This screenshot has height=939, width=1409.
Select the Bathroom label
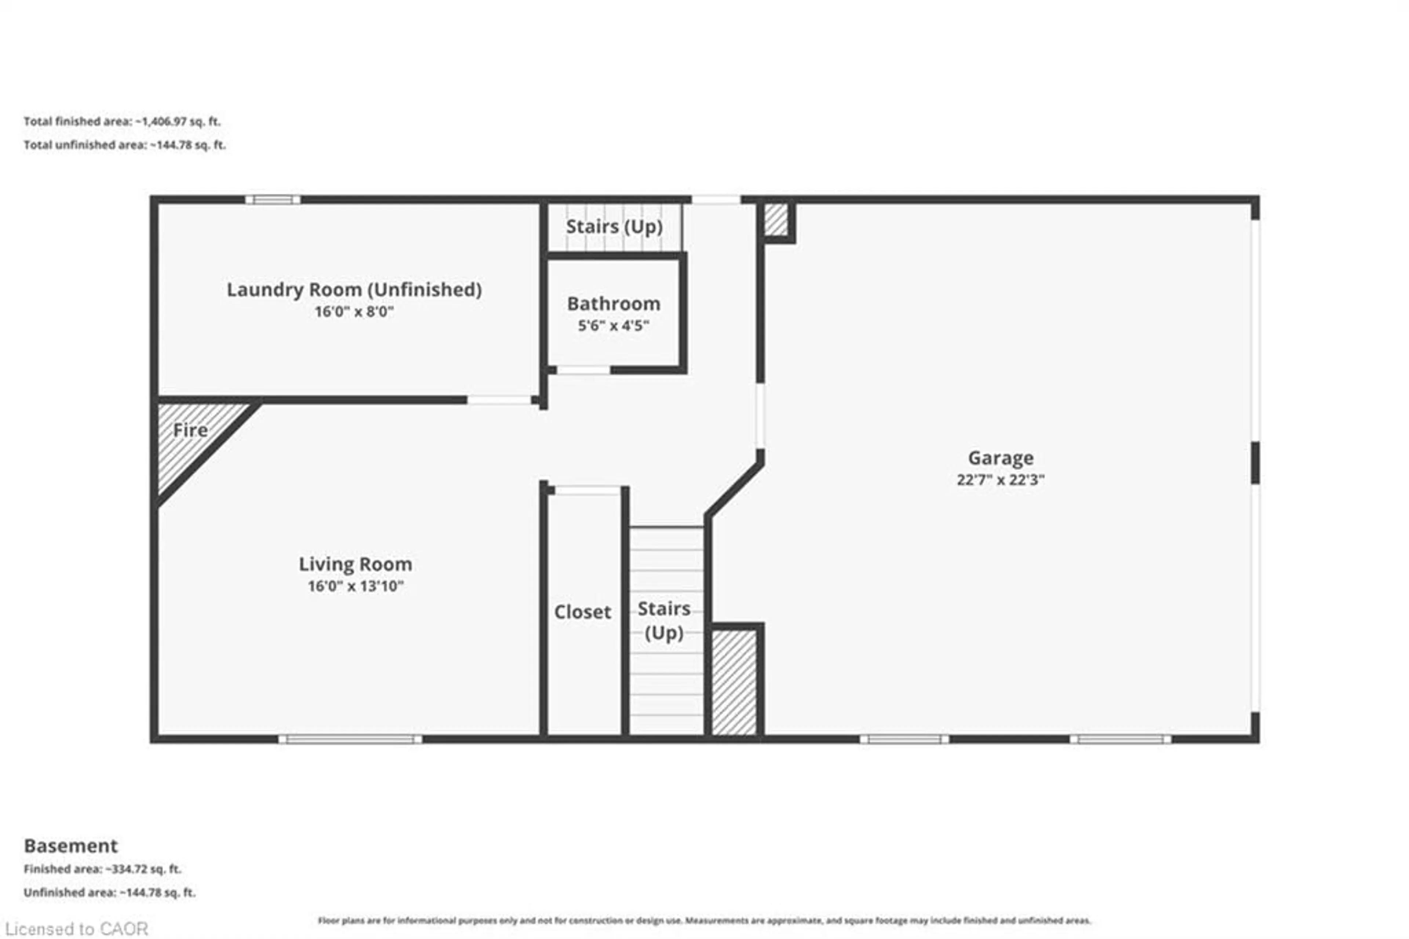tap(614, 304)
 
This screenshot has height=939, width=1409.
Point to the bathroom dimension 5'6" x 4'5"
tap(614, 326)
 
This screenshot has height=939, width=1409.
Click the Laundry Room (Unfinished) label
tap(354, 290)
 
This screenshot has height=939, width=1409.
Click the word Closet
tap(582, 612)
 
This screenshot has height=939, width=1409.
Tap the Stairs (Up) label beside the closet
tap(664, 620)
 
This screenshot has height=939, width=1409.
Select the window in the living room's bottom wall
tap(350, 739)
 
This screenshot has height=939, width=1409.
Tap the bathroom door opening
tap(583, 370)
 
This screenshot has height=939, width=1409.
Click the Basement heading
tap(70, 846)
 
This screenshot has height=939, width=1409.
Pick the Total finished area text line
tap(122, 122)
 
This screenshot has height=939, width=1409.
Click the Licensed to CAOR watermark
tap(77, 929)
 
